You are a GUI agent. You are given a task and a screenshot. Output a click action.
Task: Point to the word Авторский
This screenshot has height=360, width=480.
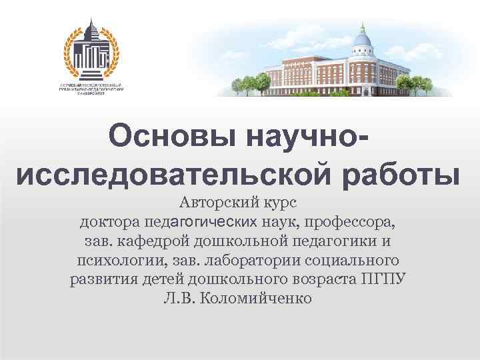[215, 202]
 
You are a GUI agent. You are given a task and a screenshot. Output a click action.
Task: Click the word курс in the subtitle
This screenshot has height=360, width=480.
[278, 202]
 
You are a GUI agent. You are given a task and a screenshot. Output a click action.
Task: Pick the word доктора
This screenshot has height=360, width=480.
[108, 221]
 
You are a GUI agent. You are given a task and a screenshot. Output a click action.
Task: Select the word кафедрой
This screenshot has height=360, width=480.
[149, 239]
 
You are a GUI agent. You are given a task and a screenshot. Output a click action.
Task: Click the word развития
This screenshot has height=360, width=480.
[103, 278]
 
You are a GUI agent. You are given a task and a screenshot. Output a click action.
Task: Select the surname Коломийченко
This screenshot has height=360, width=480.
[257, 297]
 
